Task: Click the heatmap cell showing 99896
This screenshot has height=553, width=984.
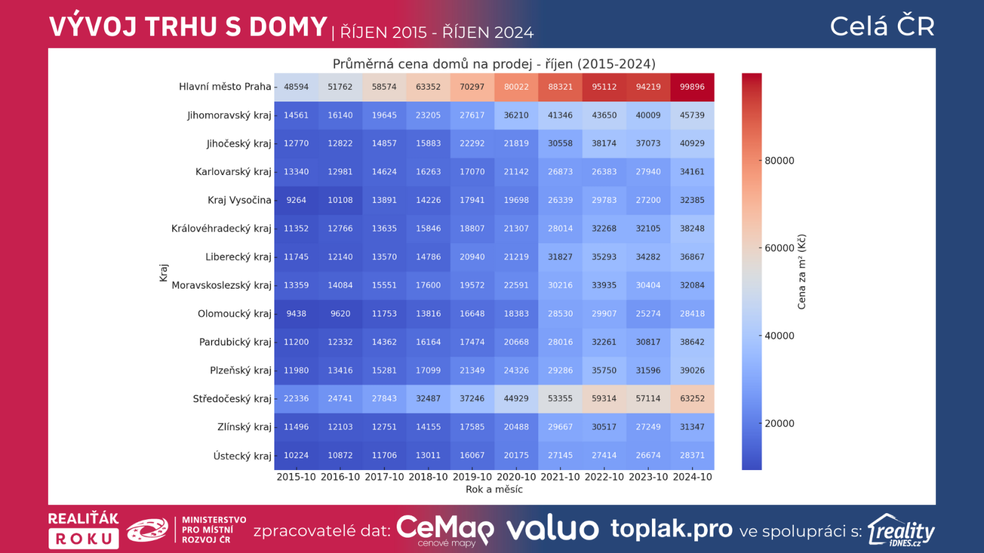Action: (x=692, y=87)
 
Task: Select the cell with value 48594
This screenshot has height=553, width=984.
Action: (x=296, y=87)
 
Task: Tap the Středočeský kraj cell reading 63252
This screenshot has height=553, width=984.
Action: (x=692, y=398)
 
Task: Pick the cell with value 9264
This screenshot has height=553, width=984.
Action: (x=296, y=200)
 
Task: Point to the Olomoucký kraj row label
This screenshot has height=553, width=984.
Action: (x=234, y=313)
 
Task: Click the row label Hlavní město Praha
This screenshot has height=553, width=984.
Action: (x=224, y=87)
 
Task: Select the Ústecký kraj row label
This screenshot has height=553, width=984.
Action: (x=242, y=456)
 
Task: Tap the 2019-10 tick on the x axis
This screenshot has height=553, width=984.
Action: (x=472, y=477)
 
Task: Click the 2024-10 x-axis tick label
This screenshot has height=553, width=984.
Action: (x=692, y=477)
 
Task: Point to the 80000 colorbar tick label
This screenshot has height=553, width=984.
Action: (x=779, y=160)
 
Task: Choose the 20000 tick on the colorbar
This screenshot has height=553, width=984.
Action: (x=779, y=423)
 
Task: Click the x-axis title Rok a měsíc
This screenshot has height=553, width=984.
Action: (x=494, y=489)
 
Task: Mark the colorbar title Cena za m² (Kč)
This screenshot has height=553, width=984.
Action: (x=801, y=272)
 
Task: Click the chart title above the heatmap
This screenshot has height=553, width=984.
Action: (x=494, y=64)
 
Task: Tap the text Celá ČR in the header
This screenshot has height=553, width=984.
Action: (x=882, y=26)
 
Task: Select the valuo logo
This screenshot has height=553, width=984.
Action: (x=552, y=528)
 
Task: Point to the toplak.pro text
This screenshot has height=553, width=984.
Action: (x=671, y=528)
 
